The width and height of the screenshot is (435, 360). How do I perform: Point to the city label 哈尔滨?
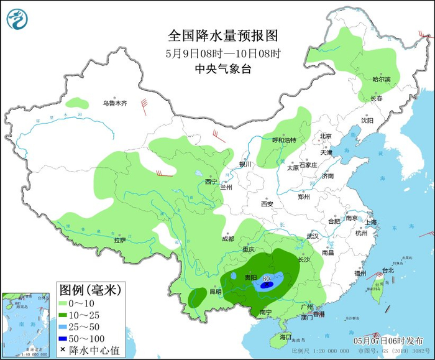pos(381,80)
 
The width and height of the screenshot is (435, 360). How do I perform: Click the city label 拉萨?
pos(120,240)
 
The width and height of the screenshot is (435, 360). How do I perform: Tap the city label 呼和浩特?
pos(285,140)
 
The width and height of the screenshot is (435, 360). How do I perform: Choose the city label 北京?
pos(326,136)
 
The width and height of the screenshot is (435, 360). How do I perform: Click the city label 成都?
pos(227,239)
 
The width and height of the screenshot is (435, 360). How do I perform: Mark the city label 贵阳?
pos(251,277)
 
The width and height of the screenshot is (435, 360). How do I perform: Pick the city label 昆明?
pos(214,292)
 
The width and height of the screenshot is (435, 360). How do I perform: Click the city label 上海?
pos(371,222)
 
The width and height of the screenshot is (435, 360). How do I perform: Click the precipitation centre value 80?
pos(266,278)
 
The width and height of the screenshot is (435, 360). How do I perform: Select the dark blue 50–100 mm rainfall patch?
pos(266,286)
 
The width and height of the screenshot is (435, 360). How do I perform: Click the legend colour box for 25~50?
pos(63,326)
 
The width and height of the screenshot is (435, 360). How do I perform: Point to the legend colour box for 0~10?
pos(63,303)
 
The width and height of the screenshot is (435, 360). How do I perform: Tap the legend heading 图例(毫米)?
pos(89,290)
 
